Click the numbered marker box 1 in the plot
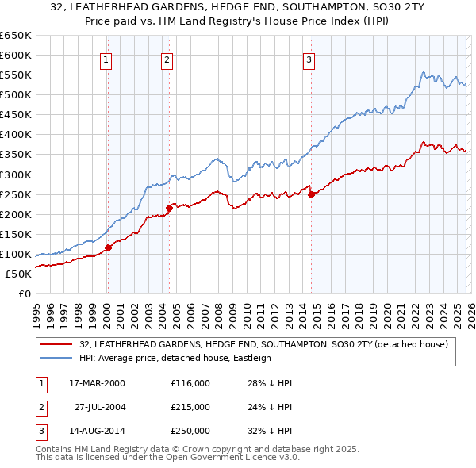[106, 59]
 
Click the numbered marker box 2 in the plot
[167, 59]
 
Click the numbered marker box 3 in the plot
[309, 59]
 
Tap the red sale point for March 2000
[109, 247]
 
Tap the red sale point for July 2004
[170, 208]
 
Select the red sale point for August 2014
[311, 194]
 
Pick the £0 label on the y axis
[24, 293]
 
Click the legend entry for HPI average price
[175, 358]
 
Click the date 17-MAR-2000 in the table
[98, 382]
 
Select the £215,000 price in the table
[190, 407]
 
